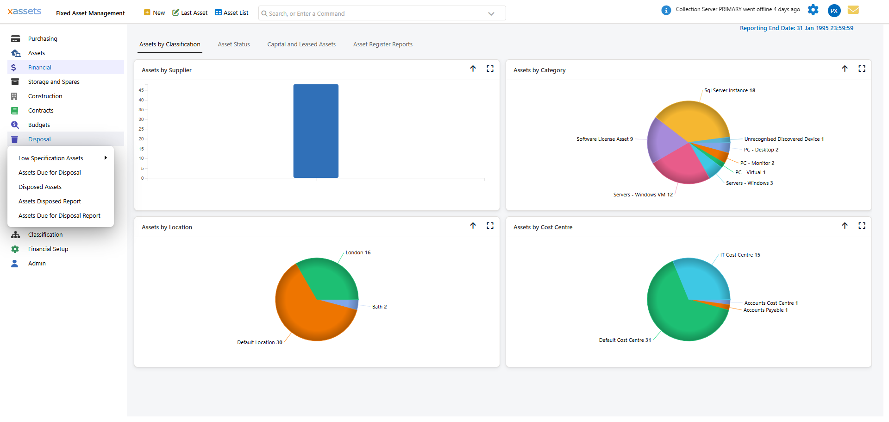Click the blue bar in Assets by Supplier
[x=316, y=131]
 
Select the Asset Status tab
[x=234, y=44]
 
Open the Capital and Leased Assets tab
[x=301, y=44]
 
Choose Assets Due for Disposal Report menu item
[x=59, y=216]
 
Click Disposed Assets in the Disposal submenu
[x=40, y=187]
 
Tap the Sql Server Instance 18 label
[x=729, y=91]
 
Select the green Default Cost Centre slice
[x=676, y=320]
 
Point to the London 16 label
[x=358, y=253]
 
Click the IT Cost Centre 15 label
[x=740, y=255]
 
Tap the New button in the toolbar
[x=155, y=13]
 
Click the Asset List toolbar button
[x=232, y=13]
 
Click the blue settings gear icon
[x=813, y=10]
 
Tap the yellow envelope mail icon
[x=853, y=10]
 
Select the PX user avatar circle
[x=834, y=11]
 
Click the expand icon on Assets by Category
[x=862, y=69]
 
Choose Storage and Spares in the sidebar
[x=54, y=82]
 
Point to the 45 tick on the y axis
[x=141, y=90]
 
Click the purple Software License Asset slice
[x=664, y=139]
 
